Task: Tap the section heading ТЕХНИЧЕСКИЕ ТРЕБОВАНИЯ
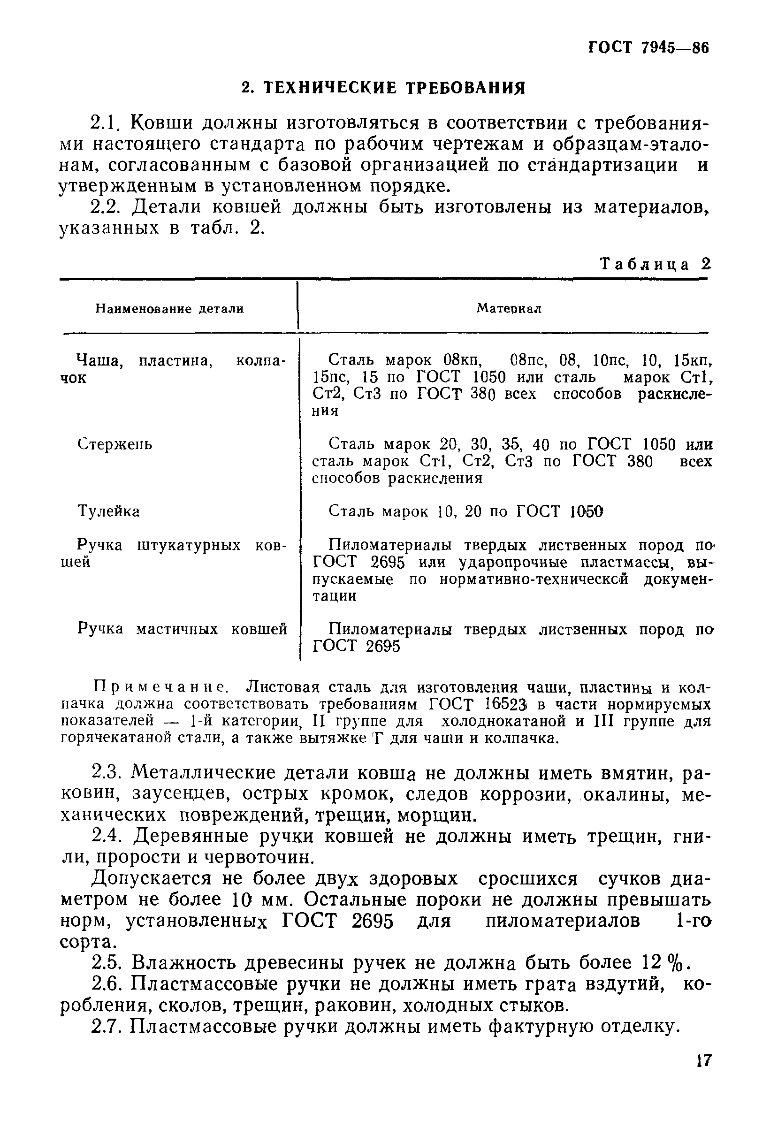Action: [383, 88]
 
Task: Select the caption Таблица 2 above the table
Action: [656, 264]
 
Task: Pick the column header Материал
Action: [508, 308]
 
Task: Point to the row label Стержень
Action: [114, 444]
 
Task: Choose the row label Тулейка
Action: [109, 511]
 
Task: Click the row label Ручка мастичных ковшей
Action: [182, 629]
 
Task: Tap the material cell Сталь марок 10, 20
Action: [465, 511]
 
